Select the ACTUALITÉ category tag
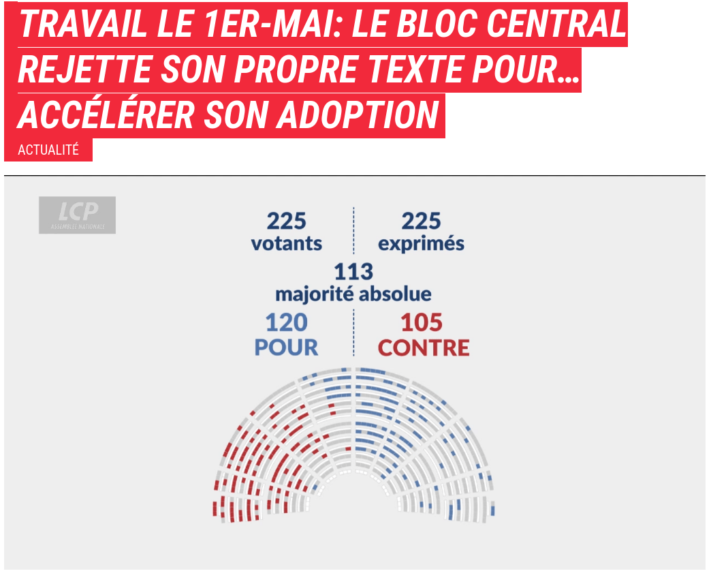pyautogui.click(x=48, y=151)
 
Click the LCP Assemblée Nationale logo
pyautogui.click(x=77, y=215)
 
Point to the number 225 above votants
pyautogui.click(x=286, y=221)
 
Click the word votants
pyautogui.click(x=286, y=243)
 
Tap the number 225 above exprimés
pyautogui.click(x=421, y=221)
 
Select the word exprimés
pyautogui.click(x=421, y=243)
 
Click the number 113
pyautogui.click(x=353, y=271)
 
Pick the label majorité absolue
pyautogui.click(x=353, y=294)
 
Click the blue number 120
pyautogui.click(x=287, y=322)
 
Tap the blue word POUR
pyautogui.click(x=287, y=348)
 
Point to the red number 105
pyautogui.click(x=422, y=322)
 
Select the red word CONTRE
pyautogui.click(x=424, y=348)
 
